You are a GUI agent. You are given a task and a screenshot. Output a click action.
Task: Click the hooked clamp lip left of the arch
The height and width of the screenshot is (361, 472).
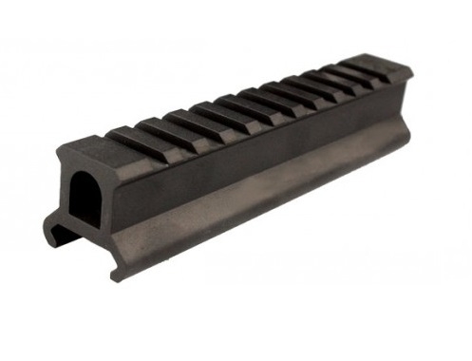52,229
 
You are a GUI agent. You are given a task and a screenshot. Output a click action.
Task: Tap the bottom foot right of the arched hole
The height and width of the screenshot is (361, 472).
119,271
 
